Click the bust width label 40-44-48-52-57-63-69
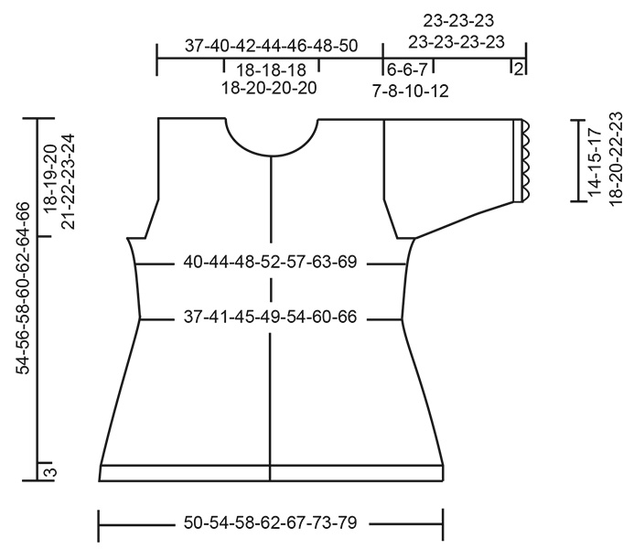coord(270,264)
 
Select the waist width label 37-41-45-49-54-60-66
coord(270,318)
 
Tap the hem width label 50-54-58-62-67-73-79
coord(270,524)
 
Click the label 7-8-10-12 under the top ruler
coord(410,90)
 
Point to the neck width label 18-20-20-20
coord(270,89)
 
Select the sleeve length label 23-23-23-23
coord(457,41)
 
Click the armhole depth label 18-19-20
coord(49,174)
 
